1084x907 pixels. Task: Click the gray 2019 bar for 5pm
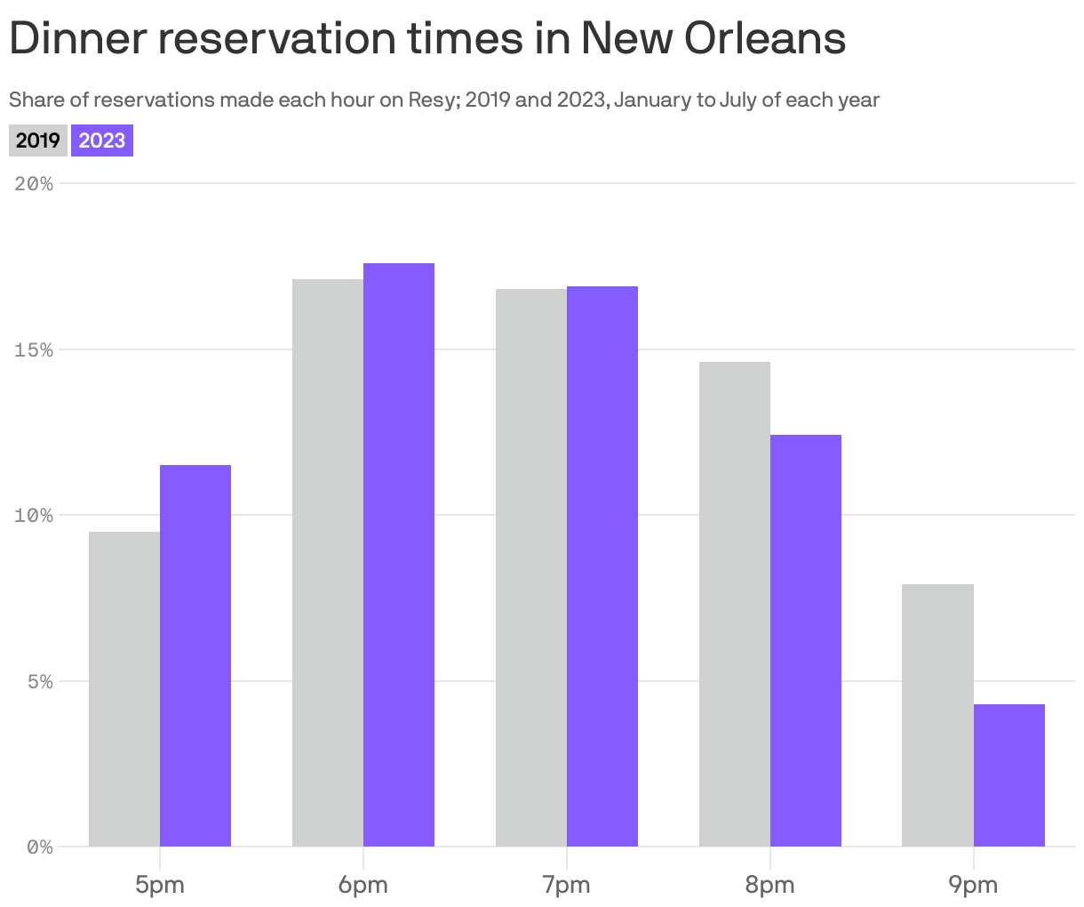124,689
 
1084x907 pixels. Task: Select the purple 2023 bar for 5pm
195,655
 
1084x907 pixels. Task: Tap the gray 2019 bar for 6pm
328,563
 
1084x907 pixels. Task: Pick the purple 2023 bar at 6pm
399,555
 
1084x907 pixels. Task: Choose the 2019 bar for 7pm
531,567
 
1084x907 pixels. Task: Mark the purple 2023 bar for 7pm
602,566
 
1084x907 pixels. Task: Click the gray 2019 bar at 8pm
735,604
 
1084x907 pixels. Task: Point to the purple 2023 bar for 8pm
806,640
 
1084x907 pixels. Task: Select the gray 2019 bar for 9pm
937,715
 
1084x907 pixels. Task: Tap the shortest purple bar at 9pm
1009,775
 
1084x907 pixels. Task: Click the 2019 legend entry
38,140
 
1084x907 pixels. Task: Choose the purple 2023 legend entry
102,140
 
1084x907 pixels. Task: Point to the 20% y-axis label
34,184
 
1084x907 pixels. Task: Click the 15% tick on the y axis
34,350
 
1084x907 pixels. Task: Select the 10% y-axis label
34,516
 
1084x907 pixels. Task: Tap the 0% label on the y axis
39,847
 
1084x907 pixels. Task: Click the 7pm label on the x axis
567,885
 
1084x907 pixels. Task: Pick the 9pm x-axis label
973,885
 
